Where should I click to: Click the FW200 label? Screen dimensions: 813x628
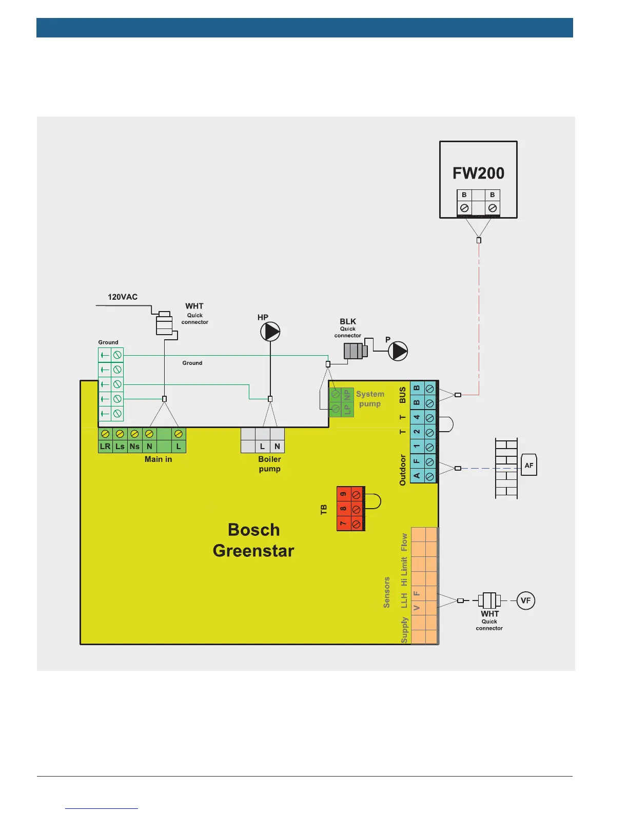(478, 173)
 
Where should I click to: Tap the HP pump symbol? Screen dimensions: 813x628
(270, 332)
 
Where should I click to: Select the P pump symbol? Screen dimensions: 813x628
(398, 351)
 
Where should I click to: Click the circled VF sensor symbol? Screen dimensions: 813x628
(525, 601)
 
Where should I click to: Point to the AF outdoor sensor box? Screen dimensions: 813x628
(529, 465)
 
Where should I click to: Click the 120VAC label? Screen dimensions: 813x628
(123, 297)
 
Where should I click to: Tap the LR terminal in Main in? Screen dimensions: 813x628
(105, 446)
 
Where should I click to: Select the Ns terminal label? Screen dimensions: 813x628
(134, 446)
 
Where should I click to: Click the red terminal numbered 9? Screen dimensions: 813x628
(344, 494)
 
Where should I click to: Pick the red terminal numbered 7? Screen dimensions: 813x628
(344, 524)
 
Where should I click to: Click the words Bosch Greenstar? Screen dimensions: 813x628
(253, 540)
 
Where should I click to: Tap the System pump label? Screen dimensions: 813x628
(370, 399)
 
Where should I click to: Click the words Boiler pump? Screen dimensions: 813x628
(270, 464)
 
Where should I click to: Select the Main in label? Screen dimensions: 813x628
(158, 459)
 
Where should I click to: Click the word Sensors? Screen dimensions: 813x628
(387, 592)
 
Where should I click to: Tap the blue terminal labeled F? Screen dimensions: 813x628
(417, 462)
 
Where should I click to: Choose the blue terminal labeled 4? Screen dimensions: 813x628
(417, 417)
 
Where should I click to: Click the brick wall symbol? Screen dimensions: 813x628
(506, 468)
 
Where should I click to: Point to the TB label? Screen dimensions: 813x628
(324, 510)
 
